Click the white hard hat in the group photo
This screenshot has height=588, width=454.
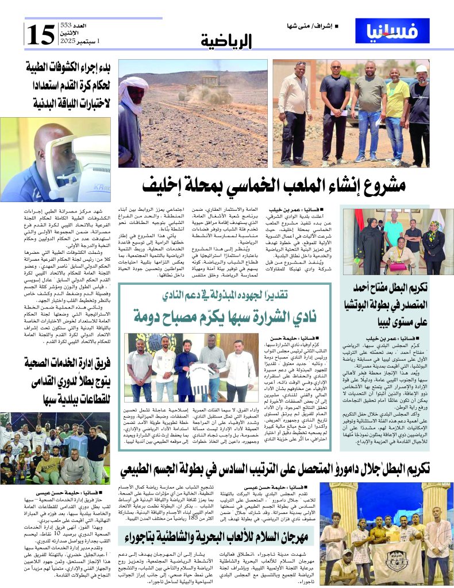point(421,69)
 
